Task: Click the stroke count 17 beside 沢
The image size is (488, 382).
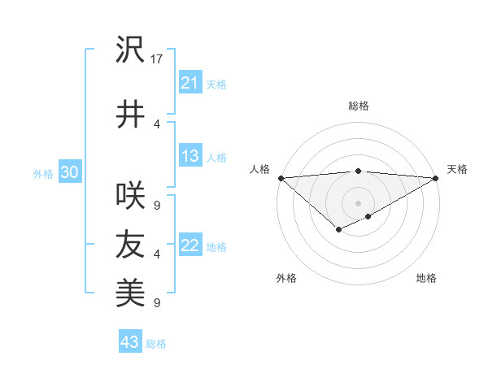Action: click(158, 59)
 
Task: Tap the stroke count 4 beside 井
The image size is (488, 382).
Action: click(157, 124)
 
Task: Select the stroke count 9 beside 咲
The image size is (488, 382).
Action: click(157, 205)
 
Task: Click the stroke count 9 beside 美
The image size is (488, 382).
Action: click(157, 303)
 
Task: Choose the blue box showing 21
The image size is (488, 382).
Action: click(190, 83)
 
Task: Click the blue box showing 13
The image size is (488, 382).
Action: click(190, 156)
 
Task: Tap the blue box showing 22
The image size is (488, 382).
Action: click(190, 245)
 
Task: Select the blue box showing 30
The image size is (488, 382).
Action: click(70, 172)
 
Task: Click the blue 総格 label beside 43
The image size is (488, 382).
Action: click(156, 344)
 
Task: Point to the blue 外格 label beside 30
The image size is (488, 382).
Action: click(43, 173)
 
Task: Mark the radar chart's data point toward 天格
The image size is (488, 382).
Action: click(437, 177)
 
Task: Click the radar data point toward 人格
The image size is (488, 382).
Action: click(280, 177)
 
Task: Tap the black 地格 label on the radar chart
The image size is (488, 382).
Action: click(426, 278)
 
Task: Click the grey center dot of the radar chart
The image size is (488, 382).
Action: click(358, 202)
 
